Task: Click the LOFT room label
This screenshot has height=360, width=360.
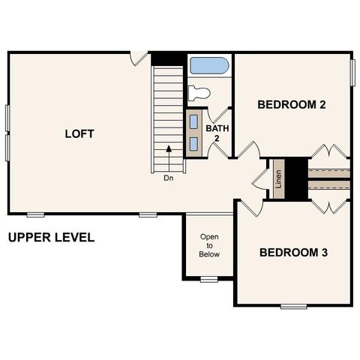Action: [x=79, y=134]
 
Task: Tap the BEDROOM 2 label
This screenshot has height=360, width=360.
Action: [x=291, y=105]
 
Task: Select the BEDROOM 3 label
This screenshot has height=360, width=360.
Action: [x=293, y=253]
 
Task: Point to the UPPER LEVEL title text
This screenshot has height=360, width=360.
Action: [x=51, y=238]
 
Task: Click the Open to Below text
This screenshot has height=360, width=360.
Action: [x=209, y=245]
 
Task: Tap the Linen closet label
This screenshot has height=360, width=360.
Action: [x=278, y=179]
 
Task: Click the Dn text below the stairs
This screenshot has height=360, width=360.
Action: [x=168, y=178]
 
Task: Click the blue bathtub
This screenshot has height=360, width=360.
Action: [x=208, y=65]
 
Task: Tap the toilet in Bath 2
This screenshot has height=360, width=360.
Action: [x=199, y=93]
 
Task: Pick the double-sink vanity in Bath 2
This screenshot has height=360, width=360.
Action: [x=194, y=133]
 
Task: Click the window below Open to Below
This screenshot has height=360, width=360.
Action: [x=209, y=280]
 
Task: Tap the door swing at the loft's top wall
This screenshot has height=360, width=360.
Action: [x=139, y=57]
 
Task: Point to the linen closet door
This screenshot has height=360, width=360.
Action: [x=260, y=180]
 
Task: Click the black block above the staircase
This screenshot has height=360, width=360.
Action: [x=167, y=58]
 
